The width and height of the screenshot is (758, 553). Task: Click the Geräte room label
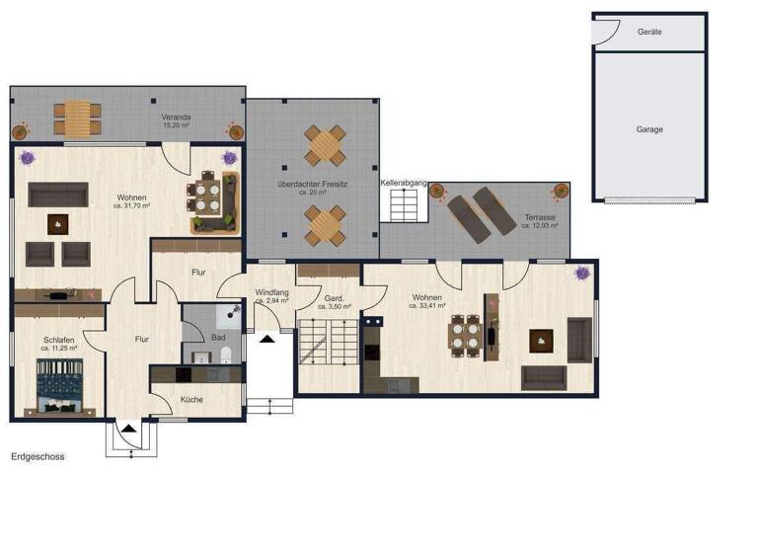[649, 32]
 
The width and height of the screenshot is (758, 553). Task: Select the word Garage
[649, 129]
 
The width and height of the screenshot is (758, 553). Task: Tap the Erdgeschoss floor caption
[38, 457]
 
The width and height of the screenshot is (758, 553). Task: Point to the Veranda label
[177, 118]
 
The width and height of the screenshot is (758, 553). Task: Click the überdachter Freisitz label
[312, 185]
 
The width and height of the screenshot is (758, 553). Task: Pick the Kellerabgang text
[404, 184]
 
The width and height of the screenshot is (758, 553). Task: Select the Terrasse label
[540, 216]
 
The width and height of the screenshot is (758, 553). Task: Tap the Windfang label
[271, 292]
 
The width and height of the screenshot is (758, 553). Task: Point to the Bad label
[219, 337]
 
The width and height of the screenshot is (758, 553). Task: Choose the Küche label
[191, 400]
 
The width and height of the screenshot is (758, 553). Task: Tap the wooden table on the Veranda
[77, 118]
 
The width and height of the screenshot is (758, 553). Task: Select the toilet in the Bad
[226, 355]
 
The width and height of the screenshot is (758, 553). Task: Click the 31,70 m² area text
[132, 206]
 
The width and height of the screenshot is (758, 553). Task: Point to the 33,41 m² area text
[427, 306]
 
